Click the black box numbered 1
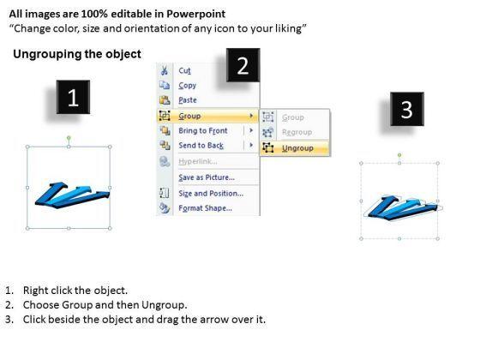73,97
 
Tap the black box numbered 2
243,65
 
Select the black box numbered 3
407,109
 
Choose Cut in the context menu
184,70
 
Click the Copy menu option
188,86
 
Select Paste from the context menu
188,100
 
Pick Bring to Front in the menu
203,130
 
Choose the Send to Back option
201,146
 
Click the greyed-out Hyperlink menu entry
198,161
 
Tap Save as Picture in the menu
207,177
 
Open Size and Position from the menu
211,194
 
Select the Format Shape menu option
205,208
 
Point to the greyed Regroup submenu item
297,132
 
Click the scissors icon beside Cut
165,70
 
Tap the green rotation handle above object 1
69,138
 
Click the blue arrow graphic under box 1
72,195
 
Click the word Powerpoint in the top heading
196,14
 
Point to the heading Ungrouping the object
77,54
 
